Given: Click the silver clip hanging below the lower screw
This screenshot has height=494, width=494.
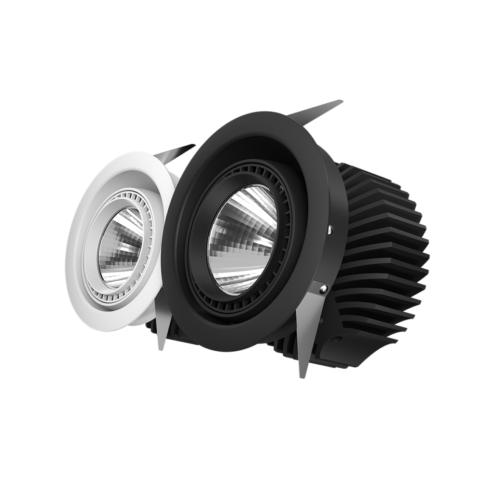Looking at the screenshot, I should tap(305, 338).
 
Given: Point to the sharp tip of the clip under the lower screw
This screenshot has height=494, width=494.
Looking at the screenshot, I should tap(302, 376).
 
